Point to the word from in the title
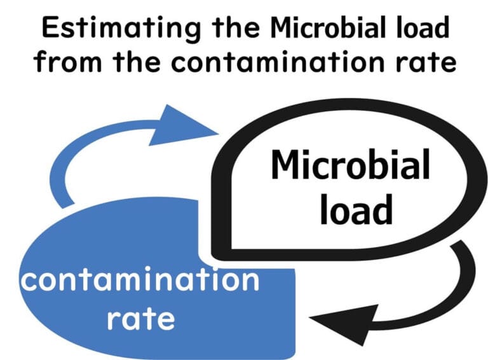click(67, 62)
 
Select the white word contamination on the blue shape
click(139, 280)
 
